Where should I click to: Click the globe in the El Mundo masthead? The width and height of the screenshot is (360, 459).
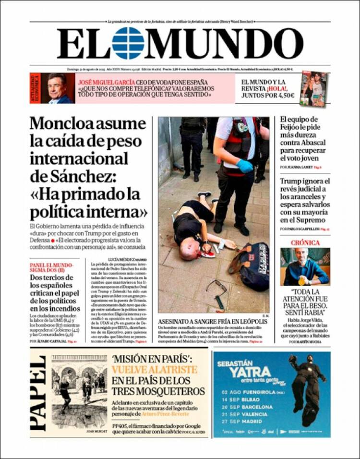[128, 43]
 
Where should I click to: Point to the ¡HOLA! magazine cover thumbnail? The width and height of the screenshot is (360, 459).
[314, 88]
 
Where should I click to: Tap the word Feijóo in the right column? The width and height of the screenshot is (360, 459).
[294, 128]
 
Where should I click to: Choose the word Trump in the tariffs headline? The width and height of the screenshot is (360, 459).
[293, 181]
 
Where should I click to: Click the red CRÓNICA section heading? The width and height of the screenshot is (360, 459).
[305, 243]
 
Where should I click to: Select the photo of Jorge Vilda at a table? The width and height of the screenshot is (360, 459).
[305, 266]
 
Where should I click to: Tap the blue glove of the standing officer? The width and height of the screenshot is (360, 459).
[244, 166]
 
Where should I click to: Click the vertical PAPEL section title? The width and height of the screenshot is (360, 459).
[38, 393]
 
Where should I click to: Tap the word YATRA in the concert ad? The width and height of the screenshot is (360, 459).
[243, 372]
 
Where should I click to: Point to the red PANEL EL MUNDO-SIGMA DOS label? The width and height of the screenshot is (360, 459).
[52, 267]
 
